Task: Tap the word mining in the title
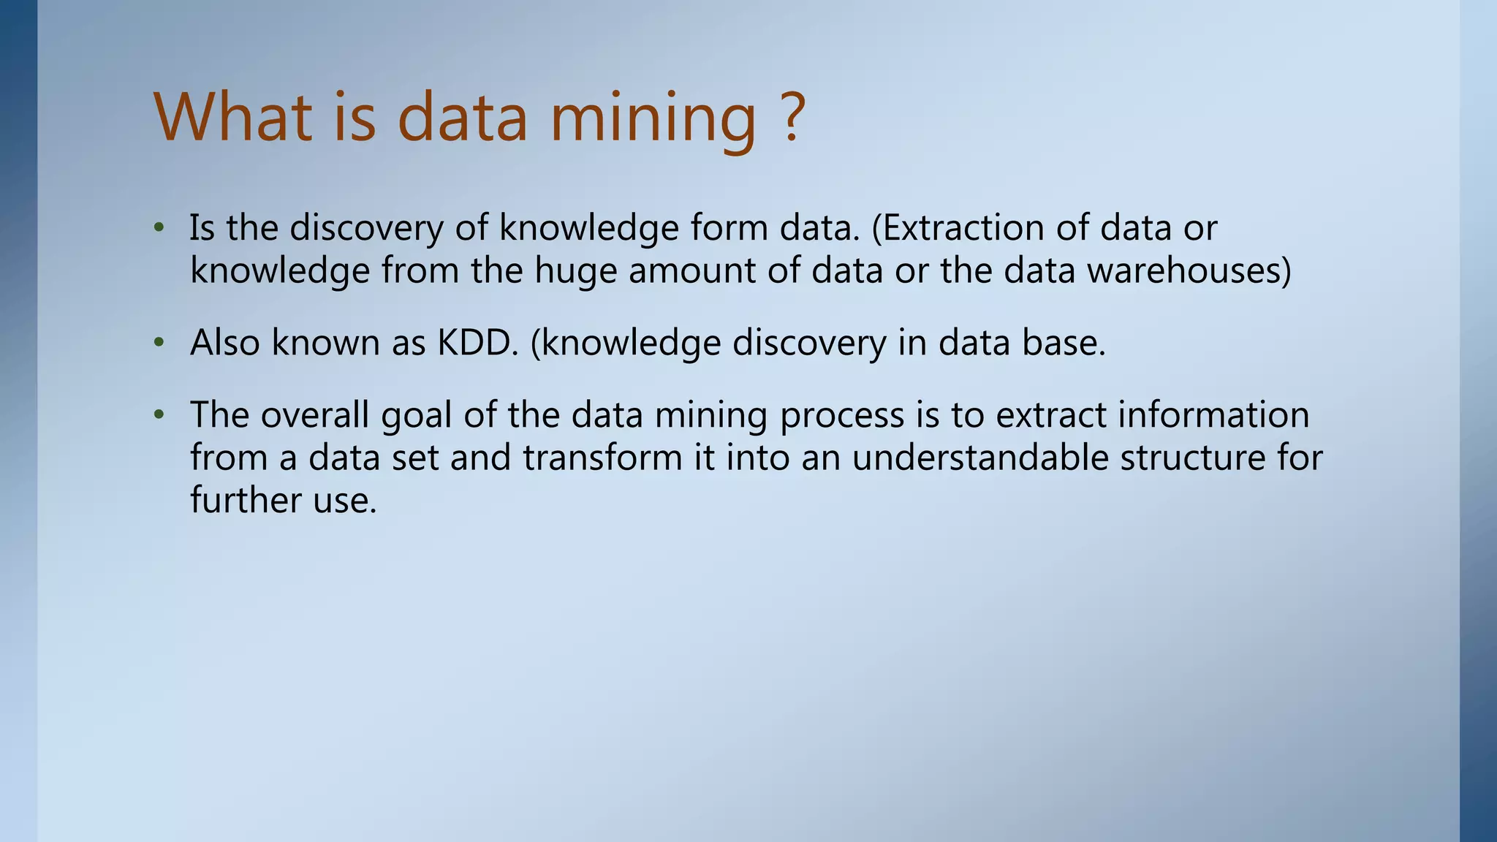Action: (652, 118)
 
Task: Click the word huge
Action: (575, 272)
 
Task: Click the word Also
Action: (224, 342)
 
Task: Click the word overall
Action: (314, 414)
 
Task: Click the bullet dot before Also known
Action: (159, 343)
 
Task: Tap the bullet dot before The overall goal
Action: (159, 415)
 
